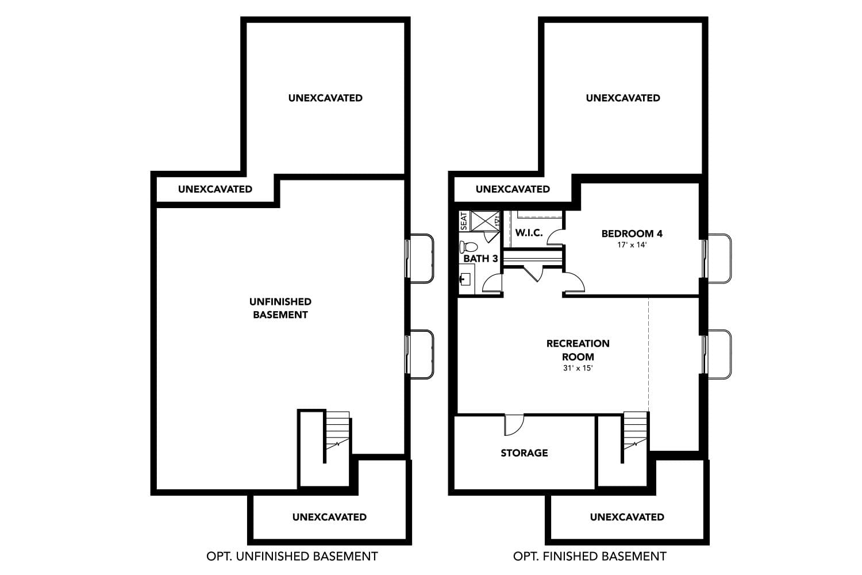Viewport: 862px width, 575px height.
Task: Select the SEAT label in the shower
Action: (464, 221)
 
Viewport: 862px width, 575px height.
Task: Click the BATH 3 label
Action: (480, 259)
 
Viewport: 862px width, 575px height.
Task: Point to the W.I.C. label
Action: (529, 233)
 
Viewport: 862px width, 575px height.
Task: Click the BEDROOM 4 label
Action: (632, 233)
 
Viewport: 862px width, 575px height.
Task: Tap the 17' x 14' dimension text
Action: (632, 245)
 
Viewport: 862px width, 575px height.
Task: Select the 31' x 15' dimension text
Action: (578, 368)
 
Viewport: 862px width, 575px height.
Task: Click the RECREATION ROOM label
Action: (578, 350)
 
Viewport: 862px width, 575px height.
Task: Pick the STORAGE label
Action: (524, 453)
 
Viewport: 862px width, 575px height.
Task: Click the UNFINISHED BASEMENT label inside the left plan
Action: (280, 308)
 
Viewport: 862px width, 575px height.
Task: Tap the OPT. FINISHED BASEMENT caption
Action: (590, 556)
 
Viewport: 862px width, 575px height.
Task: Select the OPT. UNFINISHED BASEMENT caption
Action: (292, 556)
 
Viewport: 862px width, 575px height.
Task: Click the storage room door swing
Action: (514, 424)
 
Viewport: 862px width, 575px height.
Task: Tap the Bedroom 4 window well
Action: (718, 258)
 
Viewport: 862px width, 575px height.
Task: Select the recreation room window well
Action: (718, 354)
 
